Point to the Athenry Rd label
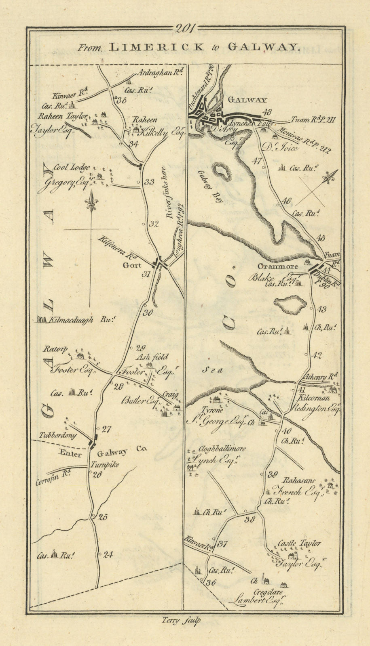coord(321,378)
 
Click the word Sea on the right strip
coord(212,370)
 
